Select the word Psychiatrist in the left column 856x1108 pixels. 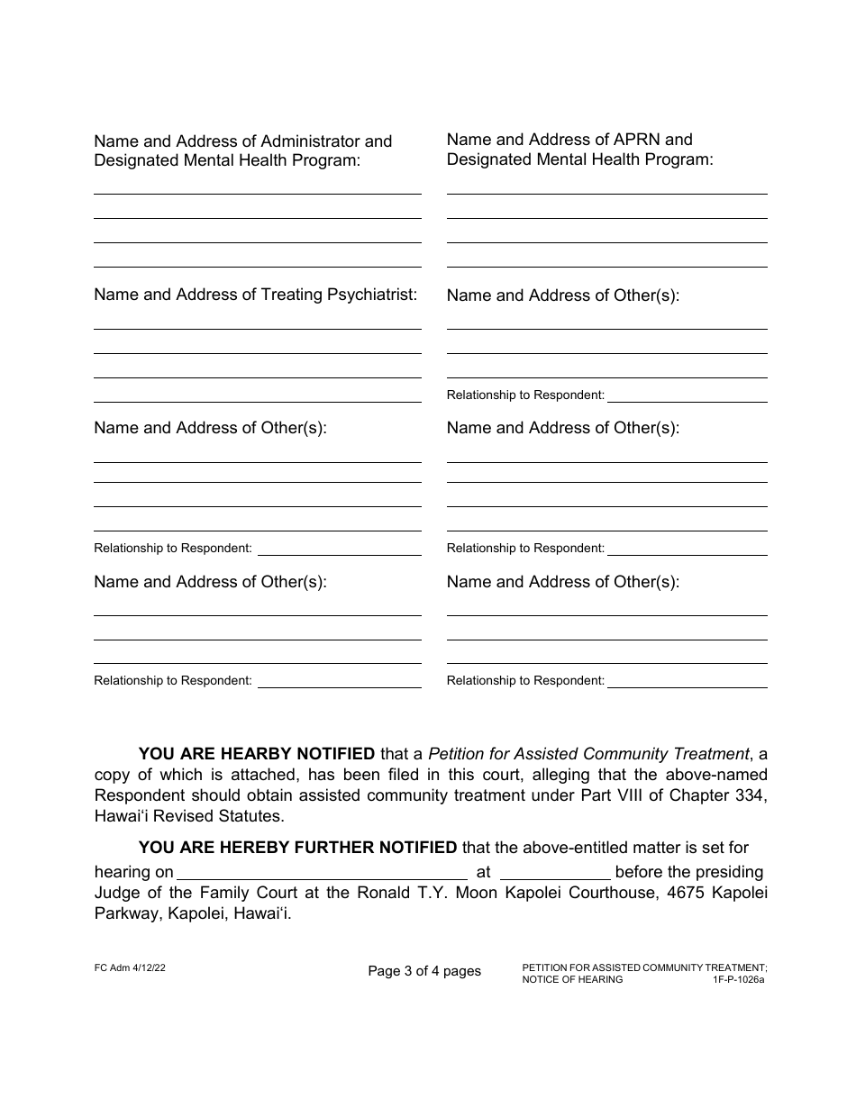pyautogui.click(x=374, y=295)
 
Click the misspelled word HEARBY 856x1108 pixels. pyautogui.click(x=337, y=754)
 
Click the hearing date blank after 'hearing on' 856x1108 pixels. pyautogui.click(x=323, y=872)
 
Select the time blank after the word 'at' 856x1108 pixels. pyautogui.click(x=555, y=872)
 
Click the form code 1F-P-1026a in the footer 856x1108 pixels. pyautogui.click(x=737, y=979)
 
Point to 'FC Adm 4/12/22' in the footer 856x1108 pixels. pyautogui.click(x=130, y=967)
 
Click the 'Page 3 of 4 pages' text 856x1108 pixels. pyautogui.click(x=424, y=971)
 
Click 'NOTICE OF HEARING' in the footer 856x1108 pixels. pyautogui.click(x=572, y=979)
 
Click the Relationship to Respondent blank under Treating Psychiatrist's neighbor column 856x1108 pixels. pyautogui.click(x=688, y=395)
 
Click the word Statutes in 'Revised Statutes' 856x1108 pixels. pyautogui.click(x=252, y=817)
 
